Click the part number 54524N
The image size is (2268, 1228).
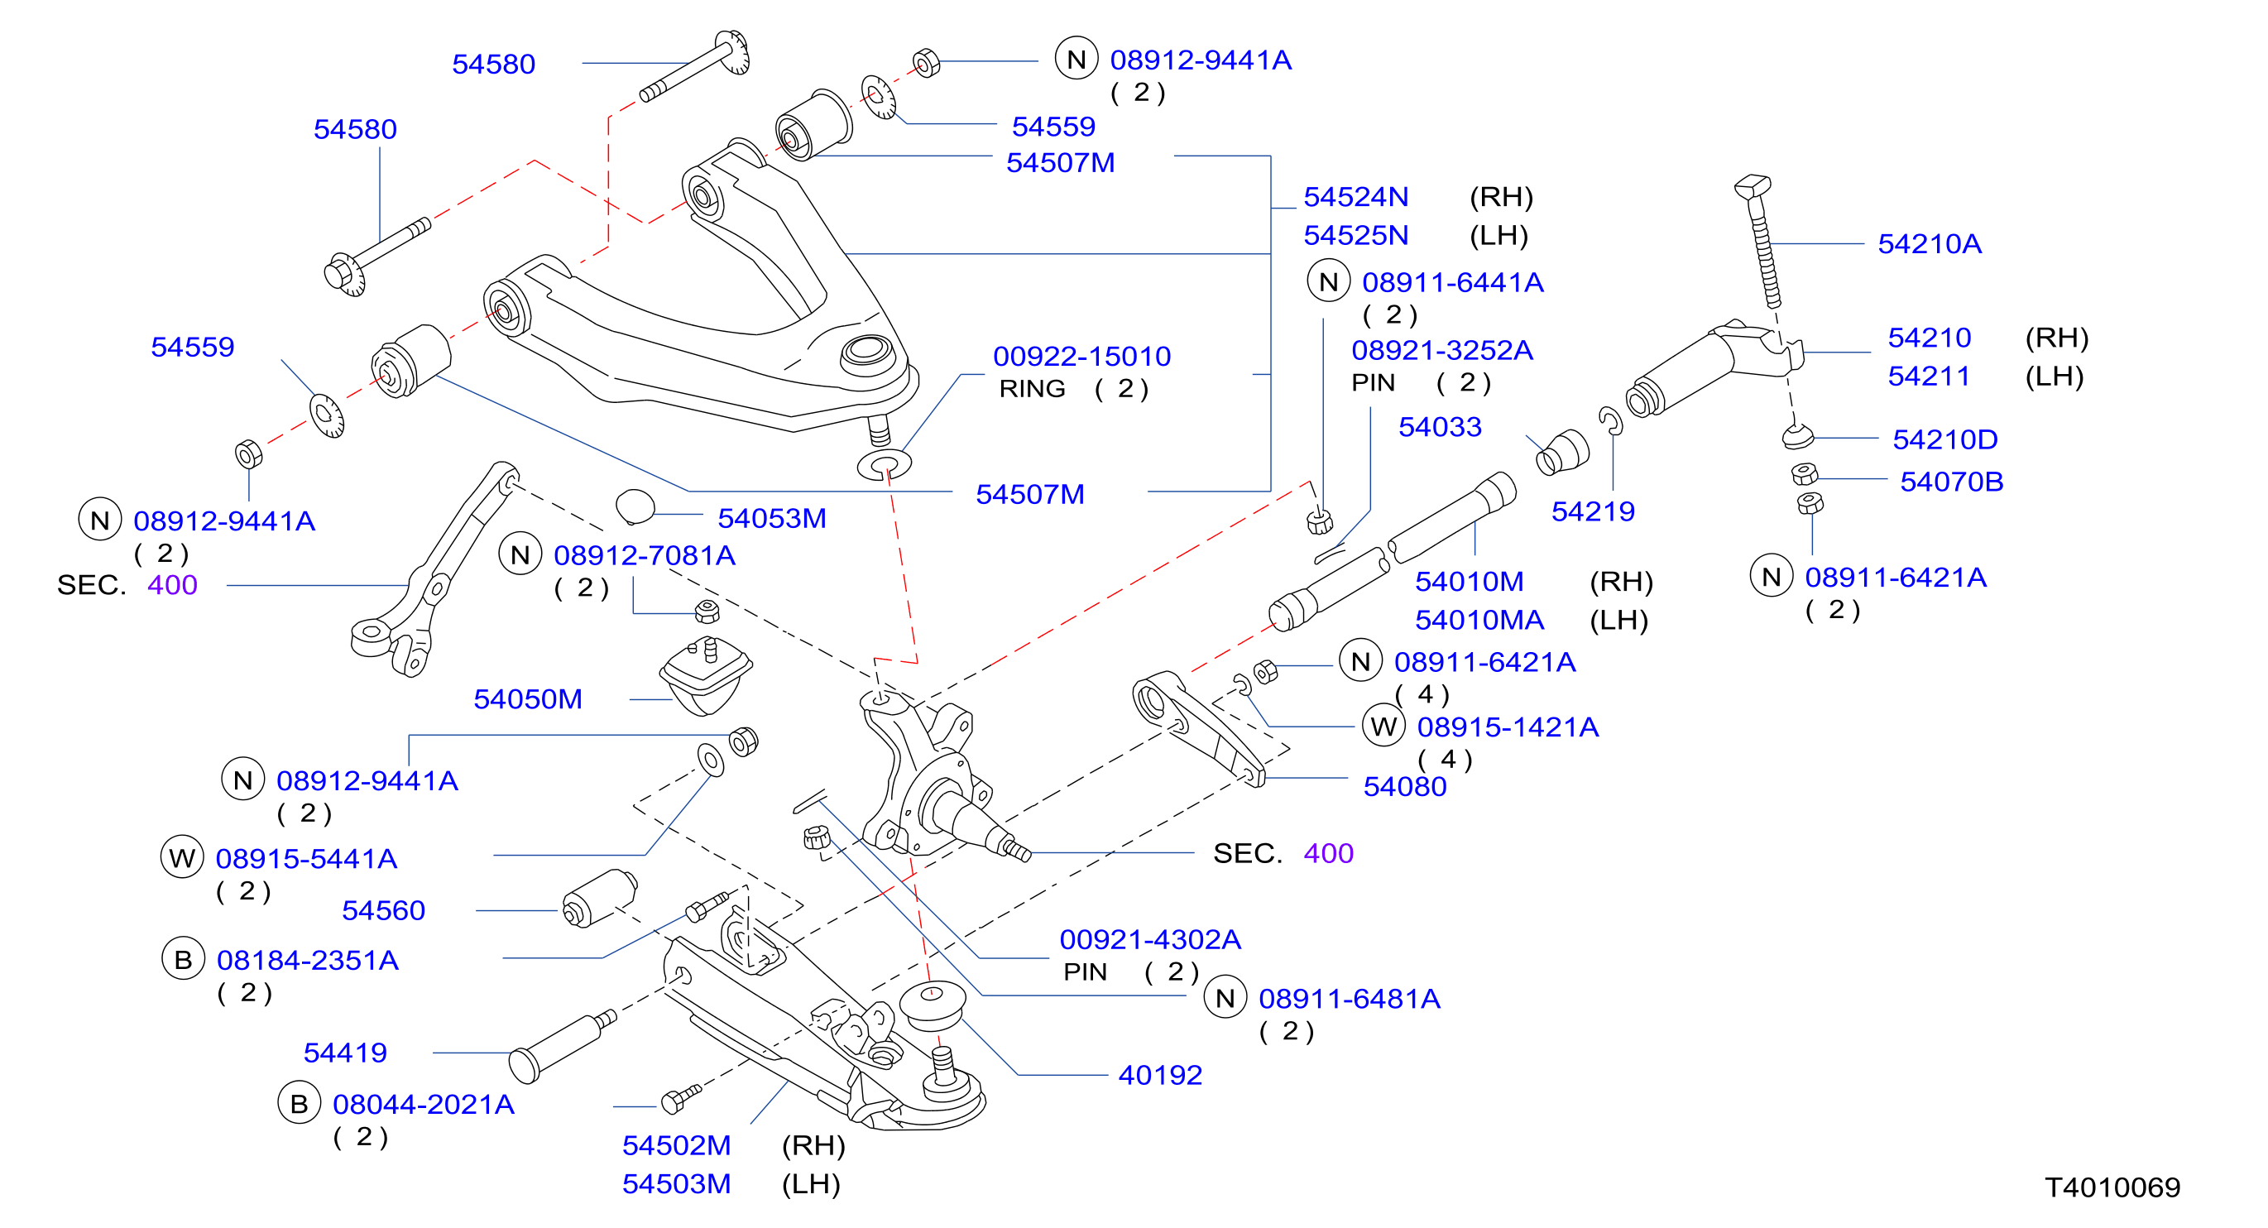[1355, 196]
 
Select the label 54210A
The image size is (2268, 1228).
[1929, 244]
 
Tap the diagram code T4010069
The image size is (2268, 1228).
[2112, 1187]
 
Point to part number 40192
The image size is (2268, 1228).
[1159, 1075]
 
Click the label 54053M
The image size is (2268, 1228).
[771, 519]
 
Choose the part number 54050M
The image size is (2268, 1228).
[527, 699]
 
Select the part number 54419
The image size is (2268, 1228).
[345, 1053]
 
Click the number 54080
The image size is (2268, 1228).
[1404, 786]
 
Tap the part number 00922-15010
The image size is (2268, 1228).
[1082, 357]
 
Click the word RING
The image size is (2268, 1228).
[1032, 389]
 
